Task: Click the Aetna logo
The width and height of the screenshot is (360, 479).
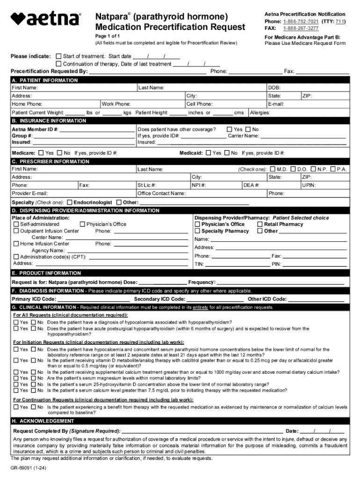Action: point(45,19)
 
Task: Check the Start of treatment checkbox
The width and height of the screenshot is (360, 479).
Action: point(58,56)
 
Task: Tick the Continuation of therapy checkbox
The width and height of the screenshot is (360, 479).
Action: point(58,64)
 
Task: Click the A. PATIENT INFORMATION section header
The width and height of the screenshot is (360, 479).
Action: point(45,80)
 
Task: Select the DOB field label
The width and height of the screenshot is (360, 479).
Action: point(274,87)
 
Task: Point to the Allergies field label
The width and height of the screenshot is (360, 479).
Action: point(260,113)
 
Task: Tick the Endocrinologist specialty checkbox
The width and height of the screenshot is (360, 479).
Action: point(69,203)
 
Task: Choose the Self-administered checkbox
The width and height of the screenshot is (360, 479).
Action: point(16,225)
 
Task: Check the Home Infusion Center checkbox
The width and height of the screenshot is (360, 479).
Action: point(16,244)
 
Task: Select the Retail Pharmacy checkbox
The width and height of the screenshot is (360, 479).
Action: point(260,225)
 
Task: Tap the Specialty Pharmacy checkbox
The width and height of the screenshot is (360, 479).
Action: point(197,231)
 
